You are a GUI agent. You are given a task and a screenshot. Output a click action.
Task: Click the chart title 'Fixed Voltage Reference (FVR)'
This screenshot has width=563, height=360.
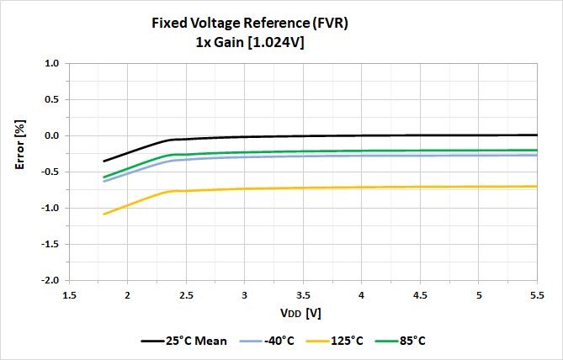[249, 24]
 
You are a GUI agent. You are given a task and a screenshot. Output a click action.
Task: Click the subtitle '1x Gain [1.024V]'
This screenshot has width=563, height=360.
[249, 42]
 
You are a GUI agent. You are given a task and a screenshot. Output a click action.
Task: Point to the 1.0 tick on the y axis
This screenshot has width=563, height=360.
[50, 63]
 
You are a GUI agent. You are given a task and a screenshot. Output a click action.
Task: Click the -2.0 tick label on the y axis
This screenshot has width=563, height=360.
[49, 280]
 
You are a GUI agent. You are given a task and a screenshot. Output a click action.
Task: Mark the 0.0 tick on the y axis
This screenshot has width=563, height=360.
[50, 135]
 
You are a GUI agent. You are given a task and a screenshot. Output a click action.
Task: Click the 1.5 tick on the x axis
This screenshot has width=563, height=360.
[69, 295]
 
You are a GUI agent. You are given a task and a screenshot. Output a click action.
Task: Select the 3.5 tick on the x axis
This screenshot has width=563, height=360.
[303, 295]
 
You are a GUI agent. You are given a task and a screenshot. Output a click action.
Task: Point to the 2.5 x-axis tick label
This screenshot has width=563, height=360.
[186, 295]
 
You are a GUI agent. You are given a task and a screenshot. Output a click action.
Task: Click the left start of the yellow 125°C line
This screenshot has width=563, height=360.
[104, 214]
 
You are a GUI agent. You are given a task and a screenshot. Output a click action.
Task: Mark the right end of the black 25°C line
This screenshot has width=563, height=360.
[537, 135]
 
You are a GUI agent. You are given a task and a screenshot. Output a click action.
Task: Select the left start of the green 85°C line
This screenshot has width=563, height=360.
[104, 177]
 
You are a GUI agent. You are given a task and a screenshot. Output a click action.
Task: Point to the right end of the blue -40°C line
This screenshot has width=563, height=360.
[537, 155]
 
